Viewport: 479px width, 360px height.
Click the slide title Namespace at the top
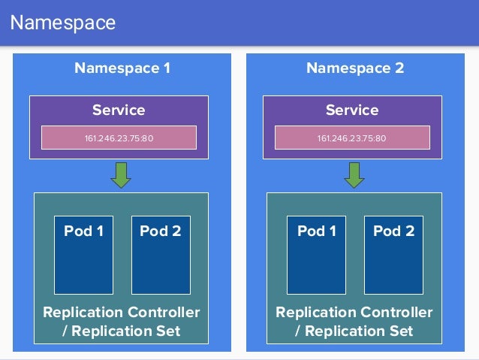63,23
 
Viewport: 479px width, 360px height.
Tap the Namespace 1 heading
122,68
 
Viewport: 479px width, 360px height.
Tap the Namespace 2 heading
355,68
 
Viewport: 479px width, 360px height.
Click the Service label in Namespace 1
119,110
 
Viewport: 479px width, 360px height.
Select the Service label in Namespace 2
352,110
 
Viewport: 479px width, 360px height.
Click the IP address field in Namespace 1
119,138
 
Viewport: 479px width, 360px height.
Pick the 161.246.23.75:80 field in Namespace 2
352,138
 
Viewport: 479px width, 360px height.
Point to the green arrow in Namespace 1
121,174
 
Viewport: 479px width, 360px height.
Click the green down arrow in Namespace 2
354,174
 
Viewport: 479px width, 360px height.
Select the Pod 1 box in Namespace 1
83,255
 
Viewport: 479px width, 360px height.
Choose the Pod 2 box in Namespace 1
161,255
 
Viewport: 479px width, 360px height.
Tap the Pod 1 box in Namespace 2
317,255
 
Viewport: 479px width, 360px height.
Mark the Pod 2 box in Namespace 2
393,255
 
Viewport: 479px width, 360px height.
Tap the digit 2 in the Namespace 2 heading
399,68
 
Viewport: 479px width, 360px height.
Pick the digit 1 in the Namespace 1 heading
166,68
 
